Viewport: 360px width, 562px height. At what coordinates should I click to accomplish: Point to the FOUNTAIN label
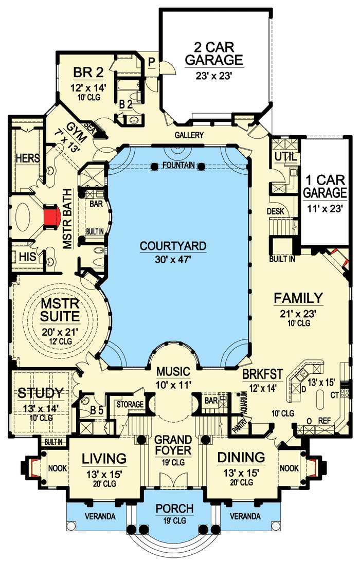tap(177, 165)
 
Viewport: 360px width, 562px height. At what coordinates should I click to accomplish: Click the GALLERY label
tap(189, 135)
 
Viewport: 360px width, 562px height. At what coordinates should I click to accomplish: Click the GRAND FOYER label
tap(173, 446)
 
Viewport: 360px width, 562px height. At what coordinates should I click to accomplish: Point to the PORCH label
tap(174, 509)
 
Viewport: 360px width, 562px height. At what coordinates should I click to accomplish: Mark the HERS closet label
tap(27, 158)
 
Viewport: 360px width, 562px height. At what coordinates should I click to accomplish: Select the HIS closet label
tap(25, 256)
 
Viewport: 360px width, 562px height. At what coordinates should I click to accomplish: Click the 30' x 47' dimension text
tap(173, 260)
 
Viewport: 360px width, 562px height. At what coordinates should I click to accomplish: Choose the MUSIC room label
tap(173, 371)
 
